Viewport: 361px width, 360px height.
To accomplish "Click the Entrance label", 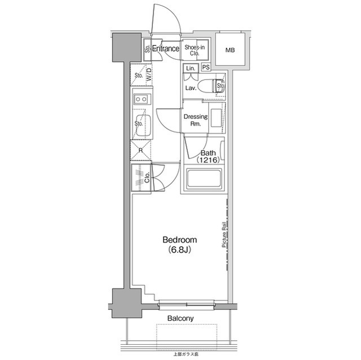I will pyautogui.click(x=165, y=49).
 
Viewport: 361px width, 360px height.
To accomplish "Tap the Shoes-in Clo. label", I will pyautogui.click(x=195, y=51).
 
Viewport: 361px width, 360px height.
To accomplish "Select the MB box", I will pyautogui.click(x=230, y=50).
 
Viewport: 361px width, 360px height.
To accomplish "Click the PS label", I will pyautogui.click(x=206, y=68).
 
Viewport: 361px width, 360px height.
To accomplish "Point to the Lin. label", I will pyautogui.click(x=190, y=68).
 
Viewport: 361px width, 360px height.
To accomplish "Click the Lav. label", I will pyautogui.click(x=190, y=88).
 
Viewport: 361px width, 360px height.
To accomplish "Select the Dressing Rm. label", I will pyautogui.click(x=196, y=120).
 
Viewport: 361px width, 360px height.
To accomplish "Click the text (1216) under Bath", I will pyautogui.click(x=208, y=161).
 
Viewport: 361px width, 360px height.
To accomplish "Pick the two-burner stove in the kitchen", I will pyautogui.click(x=141, y=99).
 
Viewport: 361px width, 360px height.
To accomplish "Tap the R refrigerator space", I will pyautogui.click(x=140, y=150).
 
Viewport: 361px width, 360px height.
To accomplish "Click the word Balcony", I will pyautogui.click(x=180, y=318).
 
